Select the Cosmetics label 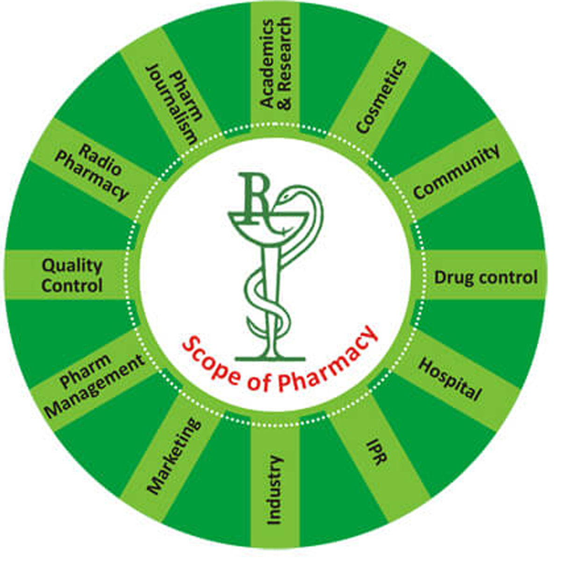tap(381, 96)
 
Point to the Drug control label tap(486, 277)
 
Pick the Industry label tap(274, 490)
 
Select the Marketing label tap(174, 456)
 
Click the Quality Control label tap(72, 275)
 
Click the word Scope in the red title tap(210, 361)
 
